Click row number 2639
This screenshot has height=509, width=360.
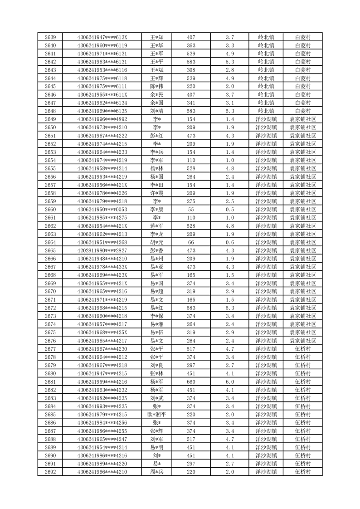pos(50,37)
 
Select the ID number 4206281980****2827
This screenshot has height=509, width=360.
pos(102,250)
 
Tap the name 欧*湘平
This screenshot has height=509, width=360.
pos(157,415)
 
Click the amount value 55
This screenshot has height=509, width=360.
pos(191,210)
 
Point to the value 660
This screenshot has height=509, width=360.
pos(191,382)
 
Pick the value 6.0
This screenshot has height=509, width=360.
pos(229,382)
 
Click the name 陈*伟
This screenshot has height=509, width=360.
pos(157,86)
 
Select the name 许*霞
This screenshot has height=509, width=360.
pos(157,193)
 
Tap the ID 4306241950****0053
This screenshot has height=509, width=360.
pos(102,210)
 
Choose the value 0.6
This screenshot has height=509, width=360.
pos(229,242)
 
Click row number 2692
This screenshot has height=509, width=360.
pos(50,472)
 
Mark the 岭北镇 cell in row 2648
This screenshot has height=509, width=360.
pos(266,111)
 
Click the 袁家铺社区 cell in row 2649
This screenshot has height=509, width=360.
pos(302,119)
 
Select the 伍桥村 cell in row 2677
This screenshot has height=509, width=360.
pos(302,349)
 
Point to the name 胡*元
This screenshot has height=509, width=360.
pos(157,242)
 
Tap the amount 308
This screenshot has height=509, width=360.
pos(191,70)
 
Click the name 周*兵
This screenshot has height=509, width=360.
pos(157,472)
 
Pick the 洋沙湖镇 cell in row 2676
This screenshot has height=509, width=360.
pos(266,341)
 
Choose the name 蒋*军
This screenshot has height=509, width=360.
pos(157,226)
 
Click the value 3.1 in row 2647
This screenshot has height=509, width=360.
pos(229,103)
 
